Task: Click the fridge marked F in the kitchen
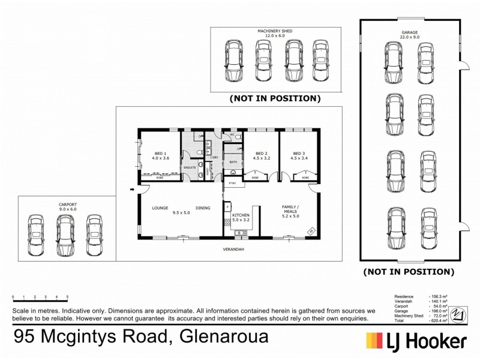pyautogui.click(x=227, y=208)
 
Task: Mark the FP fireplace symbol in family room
pyautogui.click(x=311, y=231)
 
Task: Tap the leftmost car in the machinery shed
pyautogui.click(x=232, y=61)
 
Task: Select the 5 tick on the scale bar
pyautogui.click(x=67, y=297)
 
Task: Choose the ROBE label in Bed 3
pyautogui.click(x=305, y=178)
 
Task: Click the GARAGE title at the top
pyautogui.click(x=409, y=33)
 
